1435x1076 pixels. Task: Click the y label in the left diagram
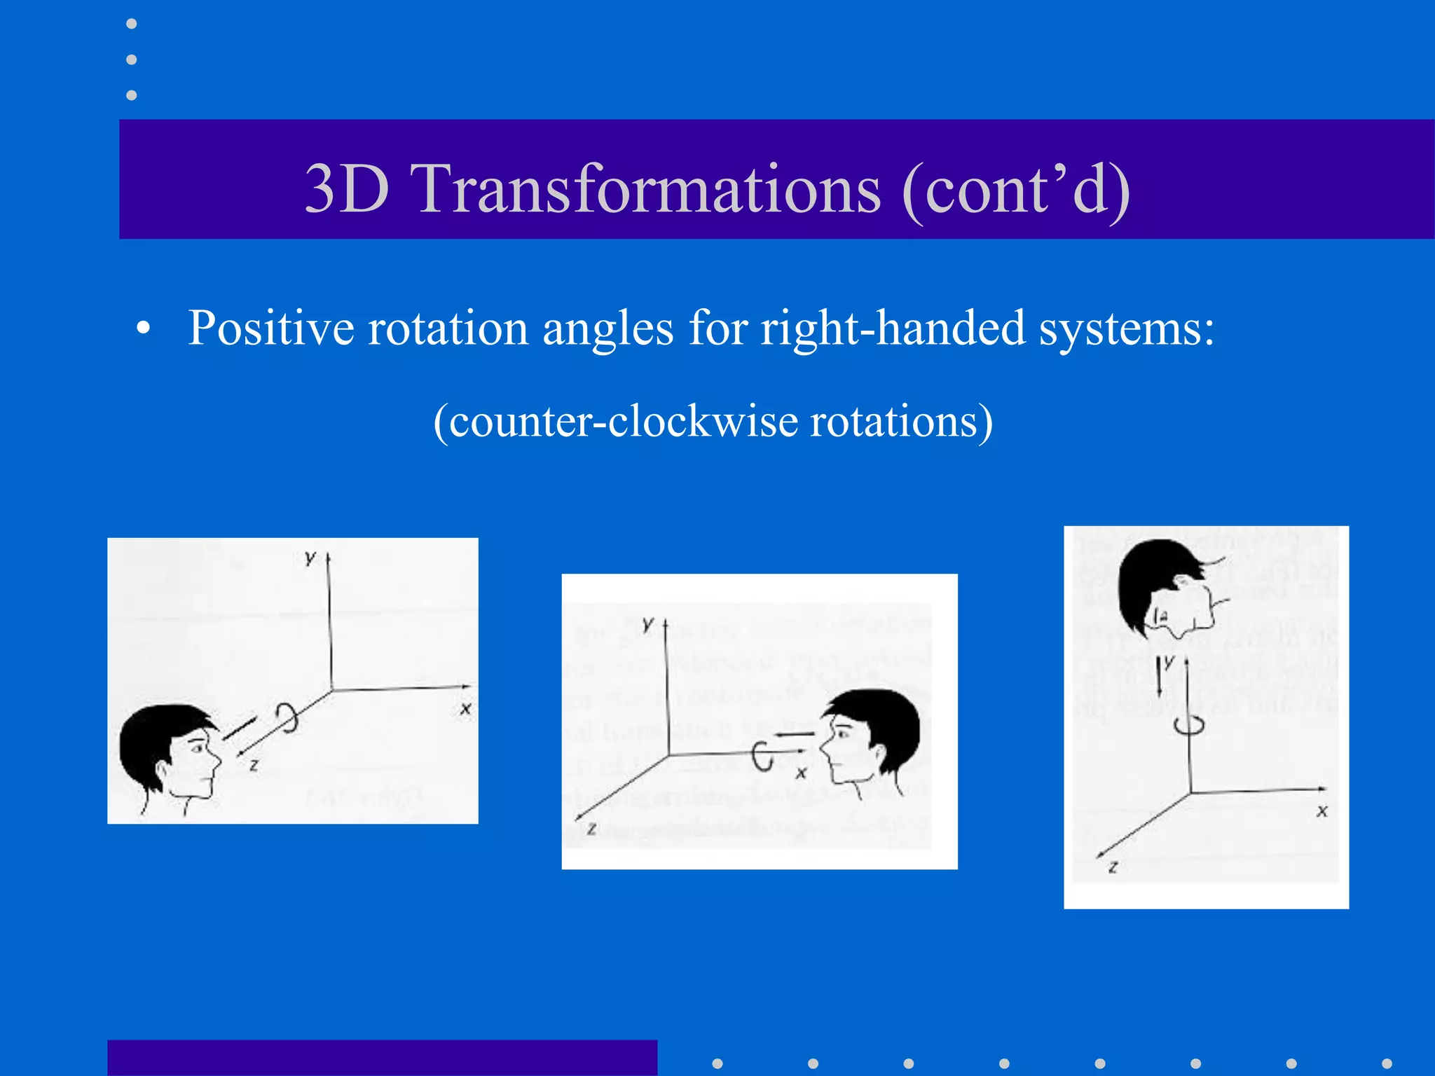pos(310,558)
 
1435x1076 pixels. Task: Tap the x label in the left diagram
pos(465,709)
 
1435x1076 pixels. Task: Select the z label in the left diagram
pos(254,766)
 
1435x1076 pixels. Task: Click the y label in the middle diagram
pos(648,623)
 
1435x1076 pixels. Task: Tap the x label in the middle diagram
pos(801,773)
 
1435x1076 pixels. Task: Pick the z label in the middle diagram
pos(591,829)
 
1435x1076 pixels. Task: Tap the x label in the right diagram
pos(1321,811)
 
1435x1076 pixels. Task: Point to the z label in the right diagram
pos(1113,867)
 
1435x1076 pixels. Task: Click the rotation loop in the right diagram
pos(1189,724)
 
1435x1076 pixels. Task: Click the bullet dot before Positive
pos(144,329)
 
